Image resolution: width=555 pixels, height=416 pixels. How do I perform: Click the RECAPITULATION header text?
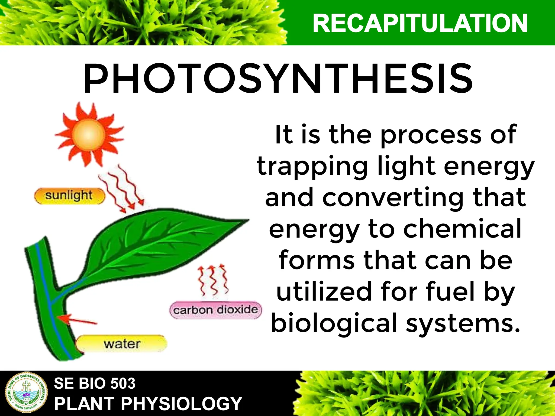(x=420, y=24)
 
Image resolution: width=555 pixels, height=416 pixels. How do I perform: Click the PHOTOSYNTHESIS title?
(x=278, y=79)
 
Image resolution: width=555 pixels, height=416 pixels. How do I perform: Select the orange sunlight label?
(x=69, y=196)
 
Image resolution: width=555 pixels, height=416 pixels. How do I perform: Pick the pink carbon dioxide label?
(x=215, y=310)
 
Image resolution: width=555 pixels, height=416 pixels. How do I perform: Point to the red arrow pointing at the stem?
(x=77, y=320)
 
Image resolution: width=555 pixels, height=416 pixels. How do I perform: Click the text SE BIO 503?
(x=95, y=383)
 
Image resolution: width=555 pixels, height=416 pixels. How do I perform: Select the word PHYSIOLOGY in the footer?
(x=181, y=404)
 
